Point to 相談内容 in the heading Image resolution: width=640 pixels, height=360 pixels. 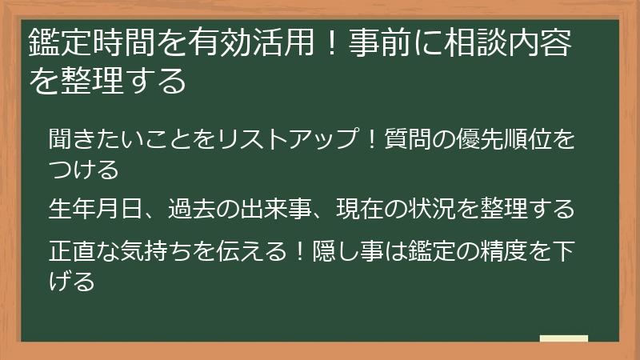518,43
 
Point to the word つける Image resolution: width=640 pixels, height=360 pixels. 83,170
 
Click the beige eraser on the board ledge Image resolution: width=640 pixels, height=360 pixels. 563,338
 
